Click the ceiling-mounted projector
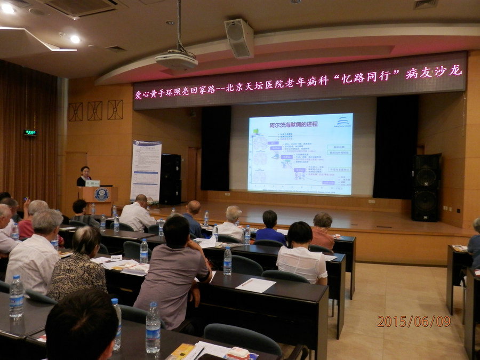coord(177,60)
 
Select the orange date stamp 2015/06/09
coord(413,321)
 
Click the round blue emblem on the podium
coord(101,195)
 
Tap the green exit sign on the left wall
coord(30,132)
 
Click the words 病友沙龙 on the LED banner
coord(433,72)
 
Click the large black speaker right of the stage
coord(426,188)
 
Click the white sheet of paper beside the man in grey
coord(255,285)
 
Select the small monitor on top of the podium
coord(92,183)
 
